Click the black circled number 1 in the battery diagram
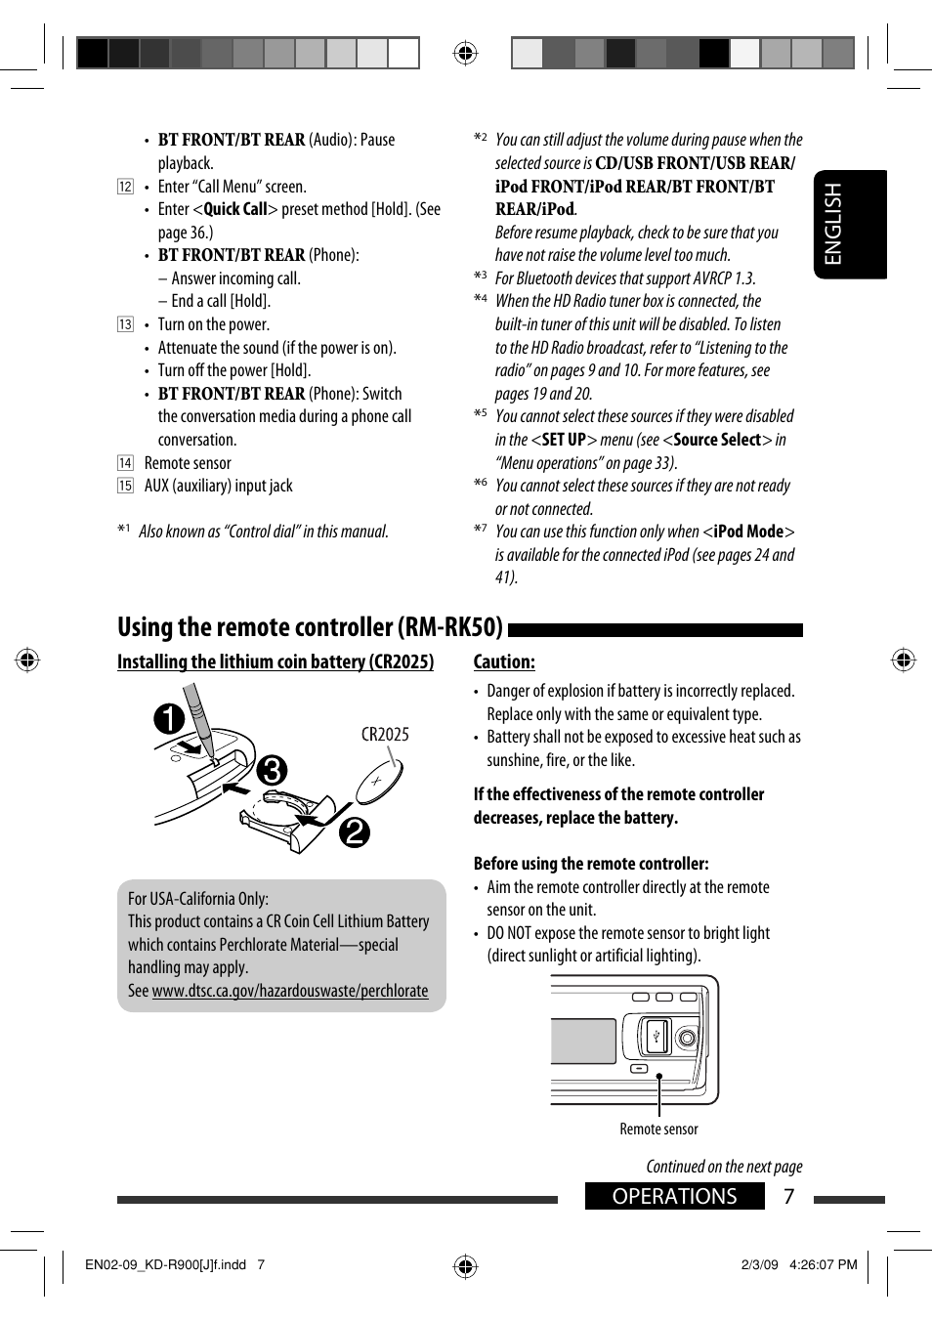click(x=169, y=719)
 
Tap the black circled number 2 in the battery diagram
click(x=355, y=831)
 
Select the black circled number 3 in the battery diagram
click(x=273, y=770)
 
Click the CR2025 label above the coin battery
click(x=385, y=735)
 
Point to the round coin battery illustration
click(x=379, y=782)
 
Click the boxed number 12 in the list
click(x=125, y=187)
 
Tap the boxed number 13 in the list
click(x=125, y=324)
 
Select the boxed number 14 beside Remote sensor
click(x=125, y=463)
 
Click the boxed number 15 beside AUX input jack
click(x=125, y=486)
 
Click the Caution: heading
click(x=504, y=661)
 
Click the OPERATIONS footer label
click(x=674, y=1196)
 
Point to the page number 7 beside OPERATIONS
click(x=789, y=1196)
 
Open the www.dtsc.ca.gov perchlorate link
click(x=290, y=991)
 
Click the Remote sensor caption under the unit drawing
click(x=658, y=1129)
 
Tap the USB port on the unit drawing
click(x=657, y=1036)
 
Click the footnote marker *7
click(x=481, y=530)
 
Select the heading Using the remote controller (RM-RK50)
click(x=310, y=627)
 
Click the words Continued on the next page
click(x=724, y=1167)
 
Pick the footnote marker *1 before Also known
click(x=124, y=531)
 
